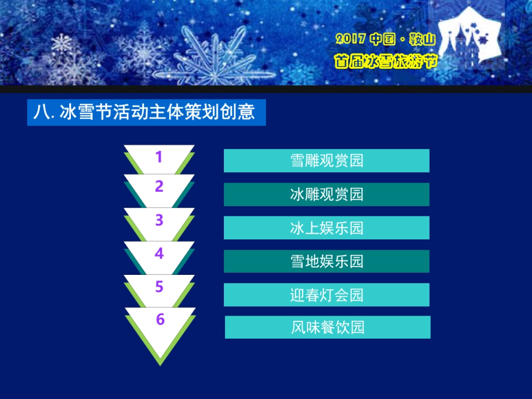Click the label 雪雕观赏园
pos(327,160)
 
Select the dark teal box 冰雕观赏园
pos(327,194)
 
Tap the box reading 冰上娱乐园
pos(327,228)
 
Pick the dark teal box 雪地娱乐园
pos(327,261)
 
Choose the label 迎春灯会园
pos(327,295)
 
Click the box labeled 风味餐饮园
pos(328,327)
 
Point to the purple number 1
pos(159,157)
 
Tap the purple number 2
pos(159,187)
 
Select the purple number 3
pos(159,220)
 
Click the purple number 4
pos(159,254)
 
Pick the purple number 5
pos(159,287)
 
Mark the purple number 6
pos(160,319)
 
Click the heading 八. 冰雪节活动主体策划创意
pos(146,112)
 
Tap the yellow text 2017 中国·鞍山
pos(385,39)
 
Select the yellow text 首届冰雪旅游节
pos(385,61)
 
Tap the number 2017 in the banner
pos(350,39)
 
